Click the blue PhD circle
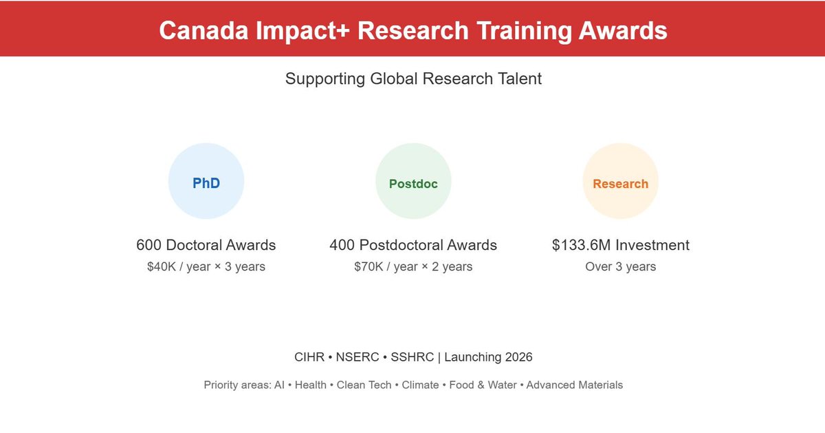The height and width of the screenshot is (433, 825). click(206, 181)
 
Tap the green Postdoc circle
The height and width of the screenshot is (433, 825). click(413, 181)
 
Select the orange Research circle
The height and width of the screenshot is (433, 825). click(620, 181)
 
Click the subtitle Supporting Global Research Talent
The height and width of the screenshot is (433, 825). click(413, 78)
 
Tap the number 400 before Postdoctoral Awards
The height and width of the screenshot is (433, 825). click(342, 245)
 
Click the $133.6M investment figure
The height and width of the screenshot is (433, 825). click(582, 245)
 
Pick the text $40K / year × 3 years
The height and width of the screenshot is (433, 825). click(206, 267)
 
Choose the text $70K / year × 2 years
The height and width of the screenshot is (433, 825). click(413, 267)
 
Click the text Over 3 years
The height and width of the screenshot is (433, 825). click(620, 267)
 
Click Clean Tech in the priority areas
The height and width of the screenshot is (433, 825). click(364, 386)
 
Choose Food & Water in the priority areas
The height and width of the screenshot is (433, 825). click(483, 386)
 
